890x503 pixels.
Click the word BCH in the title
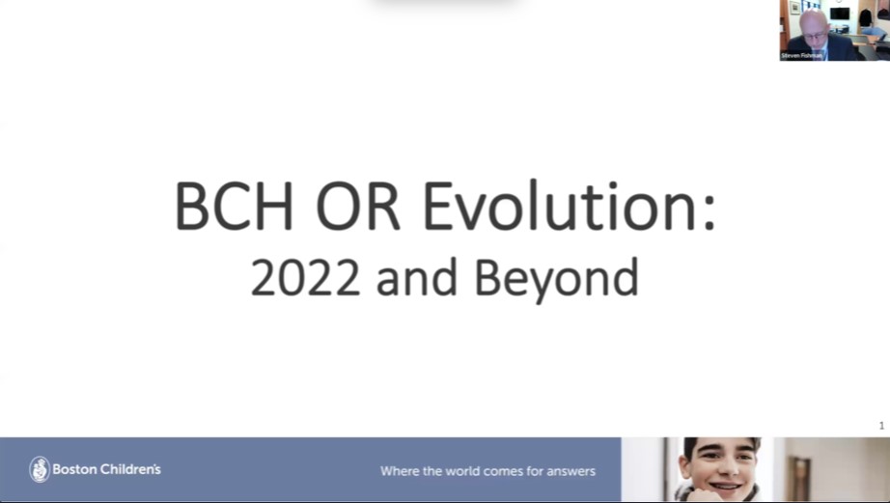(237, 206)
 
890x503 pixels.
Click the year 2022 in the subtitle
(305, 277)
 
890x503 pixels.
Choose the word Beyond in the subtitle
(556, 278)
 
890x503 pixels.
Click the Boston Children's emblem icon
(39, 469)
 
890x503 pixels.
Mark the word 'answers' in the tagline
(569, 472)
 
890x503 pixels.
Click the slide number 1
(881, 426)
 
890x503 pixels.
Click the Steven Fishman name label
(802, 56)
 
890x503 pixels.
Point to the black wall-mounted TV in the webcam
(840, 14)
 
